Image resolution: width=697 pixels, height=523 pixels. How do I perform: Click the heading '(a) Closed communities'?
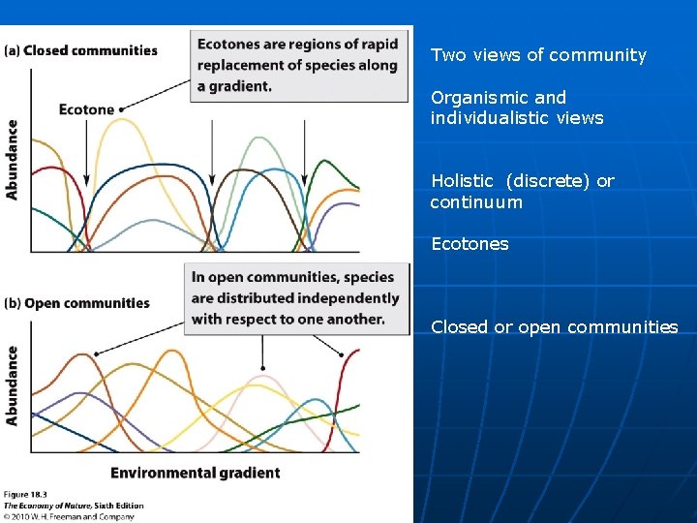81,50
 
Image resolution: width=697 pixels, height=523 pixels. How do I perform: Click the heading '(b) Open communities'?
77,303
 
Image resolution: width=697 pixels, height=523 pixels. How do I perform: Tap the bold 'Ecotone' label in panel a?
86,109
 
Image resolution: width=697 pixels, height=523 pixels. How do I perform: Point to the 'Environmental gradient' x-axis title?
195,473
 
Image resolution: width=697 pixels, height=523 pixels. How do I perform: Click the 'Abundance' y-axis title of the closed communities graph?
12,159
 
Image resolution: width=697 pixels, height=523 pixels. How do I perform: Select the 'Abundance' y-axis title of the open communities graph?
12,385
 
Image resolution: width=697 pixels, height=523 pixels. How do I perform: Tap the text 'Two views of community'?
538,55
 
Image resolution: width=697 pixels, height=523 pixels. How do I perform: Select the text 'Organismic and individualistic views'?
517,108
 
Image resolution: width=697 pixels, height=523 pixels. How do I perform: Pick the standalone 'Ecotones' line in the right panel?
470,244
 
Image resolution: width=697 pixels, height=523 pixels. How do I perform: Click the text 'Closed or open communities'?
554,327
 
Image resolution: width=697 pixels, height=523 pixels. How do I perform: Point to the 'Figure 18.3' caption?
26,496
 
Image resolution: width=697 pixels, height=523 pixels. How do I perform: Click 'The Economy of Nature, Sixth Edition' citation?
74,506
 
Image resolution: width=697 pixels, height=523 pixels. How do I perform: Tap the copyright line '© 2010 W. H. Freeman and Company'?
68,516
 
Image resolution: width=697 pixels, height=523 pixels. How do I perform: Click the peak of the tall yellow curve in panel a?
125,120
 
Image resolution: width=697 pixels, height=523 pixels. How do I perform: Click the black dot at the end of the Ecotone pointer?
122,109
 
